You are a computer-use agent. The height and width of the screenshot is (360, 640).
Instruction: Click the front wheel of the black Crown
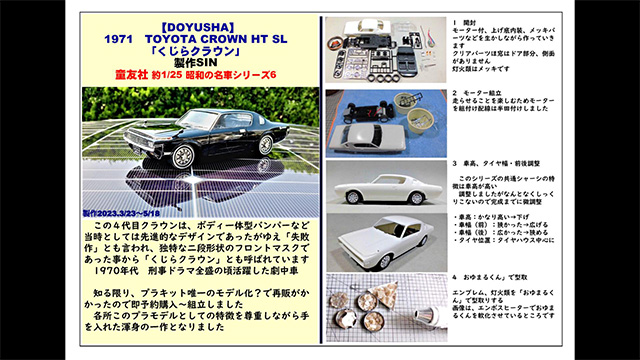[x=183, y=157]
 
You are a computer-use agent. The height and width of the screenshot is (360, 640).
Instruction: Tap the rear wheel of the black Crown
[x=266, y=142]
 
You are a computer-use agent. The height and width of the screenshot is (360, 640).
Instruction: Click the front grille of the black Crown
[x=133, y=148]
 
